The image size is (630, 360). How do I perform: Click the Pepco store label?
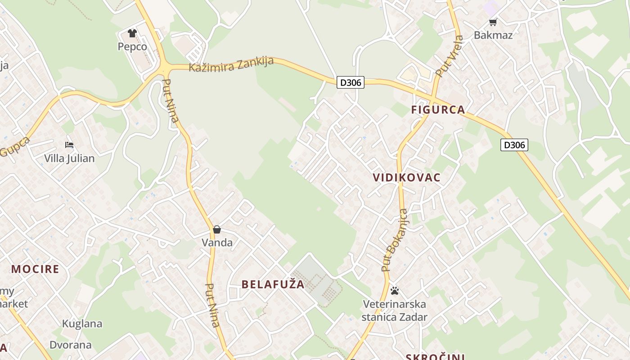tap(132, 46)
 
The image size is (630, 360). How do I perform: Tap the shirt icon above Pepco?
tap(132, 33)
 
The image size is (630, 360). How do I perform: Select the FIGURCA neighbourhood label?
tap(438, 110)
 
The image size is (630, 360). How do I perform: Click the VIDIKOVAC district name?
tap(407, 177)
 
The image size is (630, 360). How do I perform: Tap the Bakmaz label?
tap(493, 35)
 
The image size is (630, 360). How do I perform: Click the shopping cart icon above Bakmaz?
tap(493, 22)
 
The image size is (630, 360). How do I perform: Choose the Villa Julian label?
tap(69, 158)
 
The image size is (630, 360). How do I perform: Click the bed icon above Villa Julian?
tap(69, 145)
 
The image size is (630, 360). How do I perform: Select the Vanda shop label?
tap(217, 243)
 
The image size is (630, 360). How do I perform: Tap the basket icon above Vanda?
tap(217, 230)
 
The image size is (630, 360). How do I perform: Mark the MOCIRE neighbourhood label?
tap(35, 269)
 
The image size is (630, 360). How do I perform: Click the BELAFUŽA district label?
tap(273, 284)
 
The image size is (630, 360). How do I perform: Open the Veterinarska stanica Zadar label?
tap(395, 310)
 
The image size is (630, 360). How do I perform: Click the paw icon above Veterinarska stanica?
tap(395, 291)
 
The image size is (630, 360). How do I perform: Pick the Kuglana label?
tap(82, 324)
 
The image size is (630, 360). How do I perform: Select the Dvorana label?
tap(71, 345)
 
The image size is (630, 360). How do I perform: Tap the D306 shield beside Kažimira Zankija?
tap(351, 83)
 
